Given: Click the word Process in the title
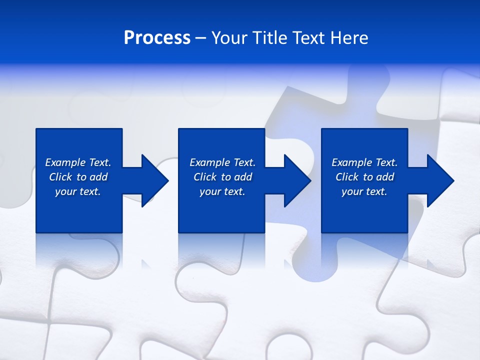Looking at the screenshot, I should coord(157,38).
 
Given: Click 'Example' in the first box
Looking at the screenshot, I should coord(65,162).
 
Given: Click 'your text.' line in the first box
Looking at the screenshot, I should coord(78,191).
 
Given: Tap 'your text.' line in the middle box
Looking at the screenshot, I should coord(222,191).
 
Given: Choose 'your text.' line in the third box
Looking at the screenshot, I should coord(364,191).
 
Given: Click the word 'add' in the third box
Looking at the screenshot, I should coord(385,177).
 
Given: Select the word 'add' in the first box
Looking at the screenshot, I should coord(98,177).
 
